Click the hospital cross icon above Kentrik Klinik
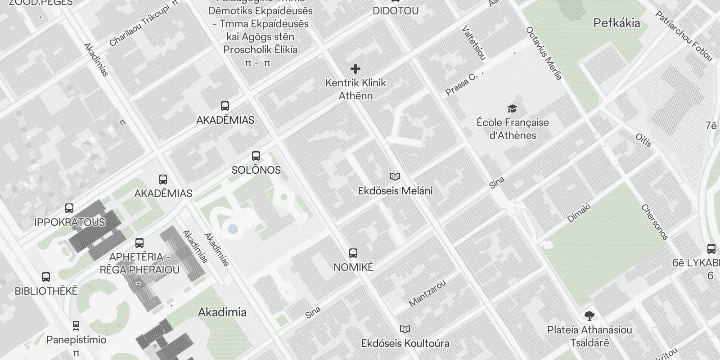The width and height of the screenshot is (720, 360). (355, 69)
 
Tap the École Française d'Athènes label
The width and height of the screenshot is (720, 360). (513, 129)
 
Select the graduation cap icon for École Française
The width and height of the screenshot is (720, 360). (512, 108)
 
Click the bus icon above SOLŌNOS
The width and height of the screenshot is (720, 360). (256, 156)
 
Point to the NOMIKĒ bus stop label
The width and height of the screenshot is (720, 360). (353, 267)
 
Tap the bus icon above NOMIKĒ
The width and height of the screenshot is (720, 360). (353, 253)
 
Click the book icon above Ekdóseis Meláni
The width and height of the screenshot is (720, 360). (395, 176)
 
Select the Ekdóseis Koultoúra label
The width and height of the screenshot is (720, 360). (405, 343)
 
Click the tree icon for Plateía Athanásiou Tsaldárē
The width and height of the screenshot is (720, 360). (589, 316)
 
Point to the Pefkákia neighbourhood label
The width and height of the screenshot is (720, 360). (616, 23)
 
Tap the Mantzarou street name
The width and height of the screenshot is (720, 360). (427, 293)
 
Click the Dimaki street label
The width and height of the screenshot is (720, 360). (579, 213)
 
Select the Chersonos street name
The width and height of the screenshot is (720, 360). (655, 222)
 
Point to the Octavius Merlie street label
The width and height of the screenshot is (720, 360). (544, 54)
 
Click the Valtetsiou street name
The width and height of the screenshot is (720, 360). (474, 43)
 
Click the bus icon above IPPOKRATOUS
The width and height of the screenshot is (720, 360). (69, 208)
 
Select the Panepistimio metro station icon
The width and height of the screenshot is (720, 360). (76, 325)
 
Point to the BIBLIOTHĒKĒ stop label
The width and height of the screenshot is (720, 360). (46, 291)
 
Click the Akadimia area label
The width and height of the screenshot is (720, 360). (222, 312)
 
